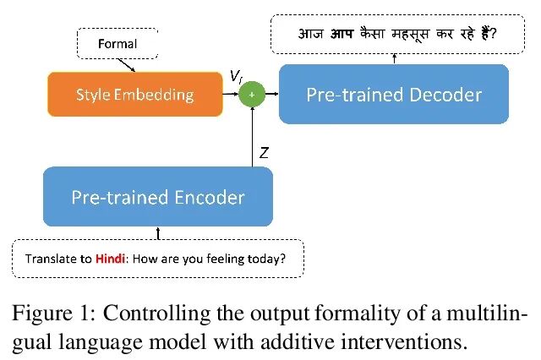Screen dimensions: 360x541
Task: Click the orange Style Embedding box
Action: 134,94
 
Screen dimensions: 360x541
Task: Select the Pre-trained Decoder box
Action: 394,94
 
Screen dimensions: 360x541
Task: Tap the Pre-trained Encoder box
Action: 158,198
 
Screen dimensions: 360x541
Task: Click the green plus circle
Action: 250,95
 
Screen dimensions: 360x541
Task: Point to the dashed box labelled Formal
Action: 117,43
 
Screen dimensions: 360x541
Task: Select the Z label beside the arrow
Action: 265,153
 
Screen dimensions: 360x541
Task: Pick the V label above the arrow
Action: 236,77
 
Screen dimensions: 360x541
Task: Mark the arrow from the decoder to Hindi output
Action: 394,57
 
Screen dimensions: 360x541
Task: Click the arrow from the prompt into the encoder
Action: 158,232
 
